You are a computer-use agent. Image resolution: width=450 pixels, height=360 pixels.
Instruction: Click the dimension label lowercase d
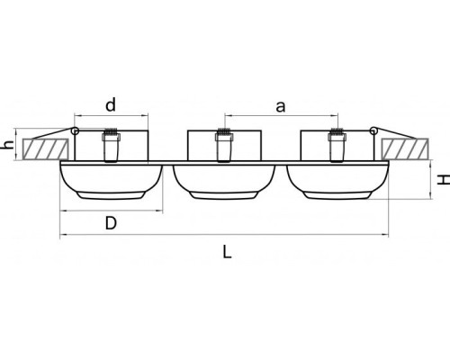pos(110,105)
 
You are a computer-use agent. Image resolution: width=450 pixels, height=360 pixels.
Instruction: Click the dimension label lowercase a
pos(280,106)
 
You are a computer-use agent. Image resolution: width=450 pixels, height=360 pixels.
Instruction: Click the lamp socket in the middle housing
pos(221,147)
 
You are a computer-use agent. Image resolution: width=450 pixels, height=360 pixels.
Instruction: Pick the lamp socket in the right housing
pos(335,147)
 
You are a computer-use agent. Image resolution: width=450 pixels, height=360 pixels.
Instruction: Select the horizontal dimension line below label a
pos(280,116)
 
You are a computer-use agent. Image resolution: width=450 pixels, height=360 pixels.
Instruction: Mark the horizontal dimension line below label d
pos(110,116)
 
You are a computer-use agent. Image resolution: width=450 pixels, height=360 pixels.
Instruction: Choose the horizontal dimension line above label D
pos(110,210)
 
